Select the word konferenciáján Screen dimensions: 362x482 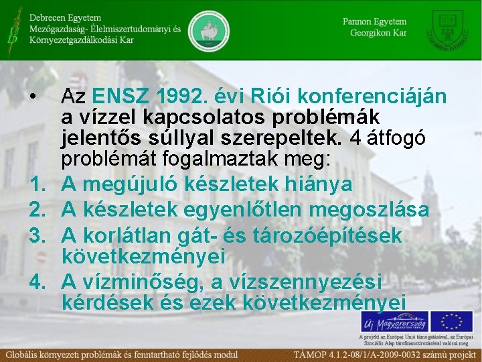tap(377, 97)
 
